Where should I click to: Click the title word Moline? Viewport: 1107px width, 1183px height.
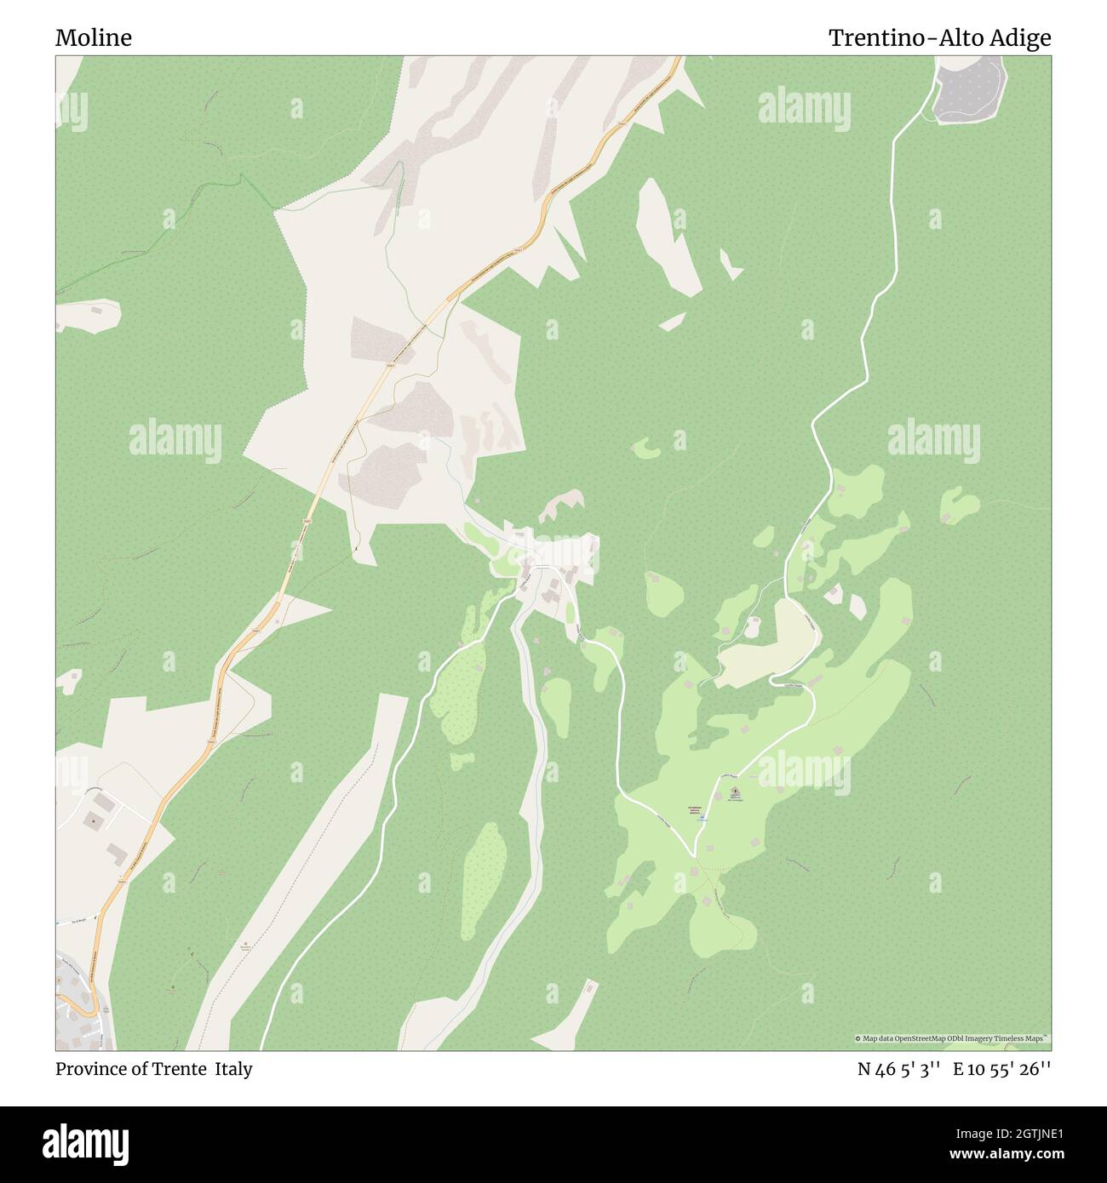click(x=94, y=38)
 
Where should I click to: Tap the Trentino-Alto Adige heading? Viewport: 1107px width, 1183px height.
click(x=939, y=38)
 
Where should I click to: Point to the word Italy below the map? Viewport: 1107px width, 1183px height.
click(x=233, y=1069)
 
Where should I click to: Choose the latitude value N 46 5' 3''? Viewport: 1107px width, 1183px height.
click(x=898, y=1069)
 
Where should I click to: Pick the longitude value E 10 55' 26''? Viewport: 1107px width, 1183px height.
click(x=1001, y=1069)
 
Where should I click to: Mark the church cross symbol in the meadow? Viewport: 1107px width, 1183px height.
click(x=734, y=792)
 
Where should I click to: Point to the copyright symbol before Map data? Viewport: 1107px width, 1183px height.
click(x=857, y=1038)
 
